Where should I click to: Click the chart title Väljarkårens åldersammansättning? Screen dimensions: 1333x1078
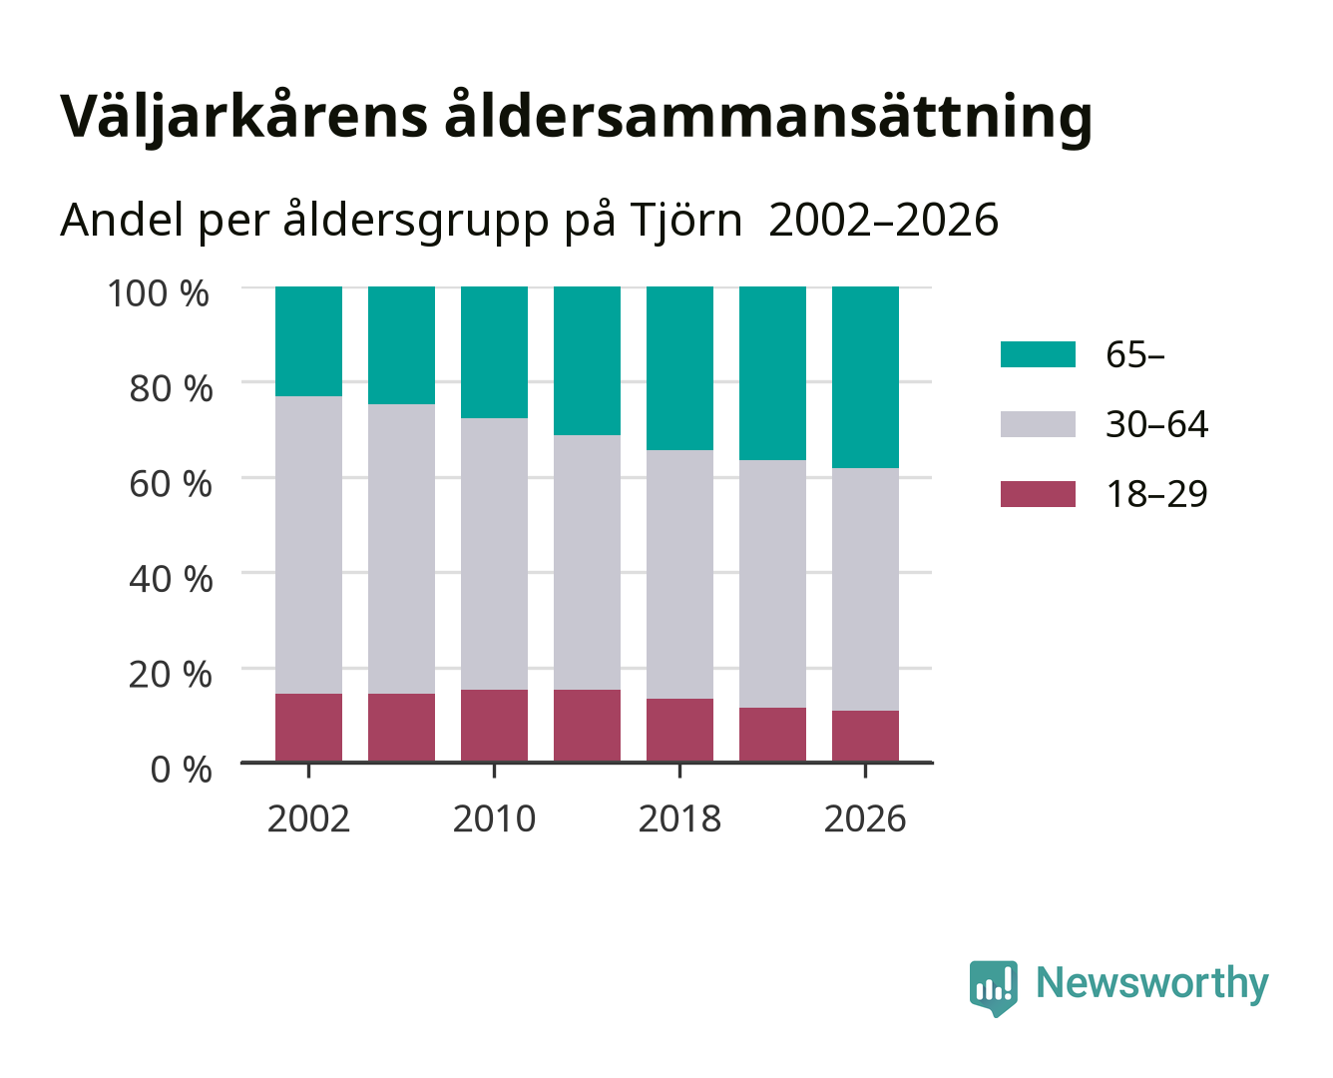point(576,118)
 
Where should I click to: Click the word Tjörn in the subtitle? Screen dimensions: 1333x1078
point(685,221)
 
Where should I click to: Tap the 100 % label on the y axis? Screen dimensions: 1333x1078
point(158,293)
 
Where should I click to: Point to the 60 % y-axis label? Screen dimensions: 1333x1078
point(171,484)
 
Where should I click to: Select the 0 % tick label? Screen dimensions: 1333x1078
point(181,770)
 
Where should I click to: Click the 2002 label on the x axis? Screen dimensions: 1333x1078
point(308,818)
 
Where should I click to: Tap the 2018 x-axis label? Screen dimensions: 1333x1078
point(679,818)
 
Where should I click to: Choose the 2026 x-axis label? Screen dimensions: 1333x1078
point(865,818)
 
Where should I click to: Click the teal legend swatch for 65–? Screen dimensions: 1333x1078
point(1038,354)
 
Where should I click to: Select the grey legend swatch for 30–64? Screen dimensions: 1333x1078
point(1038,424)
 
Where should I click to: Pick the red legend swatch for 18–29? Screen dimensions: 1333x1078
point(1038,494)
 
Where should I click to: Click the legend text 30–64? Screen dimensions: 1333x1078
point(1156,424)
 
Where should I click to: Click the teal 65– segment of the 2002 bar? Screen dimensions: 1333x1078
point(308,341)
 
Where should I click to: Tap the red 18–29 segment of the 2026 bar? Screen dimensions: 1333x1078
point(865,737)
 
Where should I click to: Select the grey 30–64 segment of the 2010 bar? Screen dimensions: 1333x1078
point(495,554)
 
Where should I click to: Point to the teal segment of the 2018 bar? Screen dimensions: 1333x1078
point(679,368)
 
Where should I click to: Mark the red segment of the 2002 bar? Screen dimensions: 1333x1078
point(308,728)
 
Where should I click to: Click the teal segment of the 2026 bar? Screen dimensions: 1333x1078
point(865,377)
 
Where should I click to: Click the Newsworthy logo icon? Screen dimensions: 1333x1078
point(994,988)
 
